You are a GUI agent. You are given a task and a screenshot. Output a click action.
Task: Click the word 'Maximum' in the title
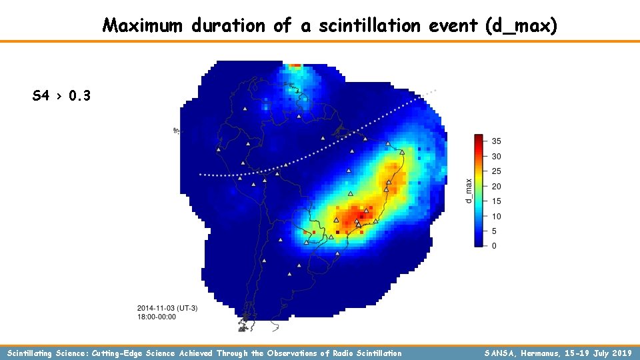pyautogui.click(x=143, y=26)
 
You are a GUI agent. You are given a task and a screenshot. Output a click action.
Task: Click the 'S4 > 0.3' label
pyautogui.click(x=61, y=96)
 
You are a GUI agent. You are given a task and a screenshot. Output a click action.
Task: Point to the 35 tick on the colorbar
pyautogui.click(x=496, y=141)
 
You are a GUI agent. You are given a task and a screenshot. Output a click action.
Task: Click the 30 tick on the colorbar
pyautogui.click(x=496, y=157)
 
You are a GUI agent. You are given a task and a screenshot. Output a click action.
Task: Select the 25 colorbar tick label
pyautogui.click(x=496, y=171)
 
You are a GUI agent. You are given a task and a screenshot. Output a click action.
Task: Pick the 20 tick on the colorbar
pyautogui.click(x=496, y=187)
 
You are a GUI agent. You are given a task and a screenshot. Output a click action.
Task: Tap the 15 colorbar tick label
pyautogui.click(x=496, y=201)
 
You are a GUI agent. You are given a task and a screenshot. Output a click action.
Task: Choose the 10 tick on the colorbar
pyautogui.click(x=496, y=217)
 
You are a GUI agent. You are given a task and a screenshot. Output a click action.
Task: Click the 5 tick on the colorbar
pyautogui.click(x=494, y=231)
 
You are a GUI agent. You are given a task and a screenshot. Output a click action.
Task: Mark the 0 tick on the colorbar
pyautogui.click(x=494, y=246)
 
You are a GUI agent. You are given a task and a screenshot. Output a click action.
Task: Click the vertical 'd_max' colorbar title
pyautogui.click(x=469, y=191)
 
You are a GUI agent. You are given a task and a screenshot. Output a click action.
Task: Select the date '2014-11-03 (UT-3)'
pyautogui.click(x=167, y=308)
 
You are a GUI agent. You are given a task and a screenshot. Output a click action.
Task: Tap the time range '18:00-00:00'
pyautogui.click(x=157, y=317)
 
